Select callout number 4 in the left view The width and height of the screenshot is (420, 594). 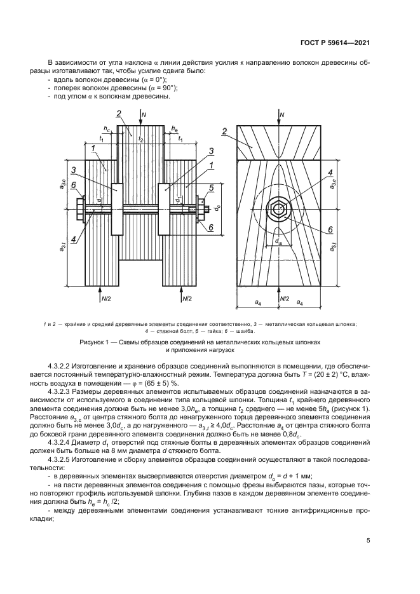(x=74, y=238)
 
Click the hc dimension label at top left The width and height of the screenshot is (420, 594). (x=109, y=129)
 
